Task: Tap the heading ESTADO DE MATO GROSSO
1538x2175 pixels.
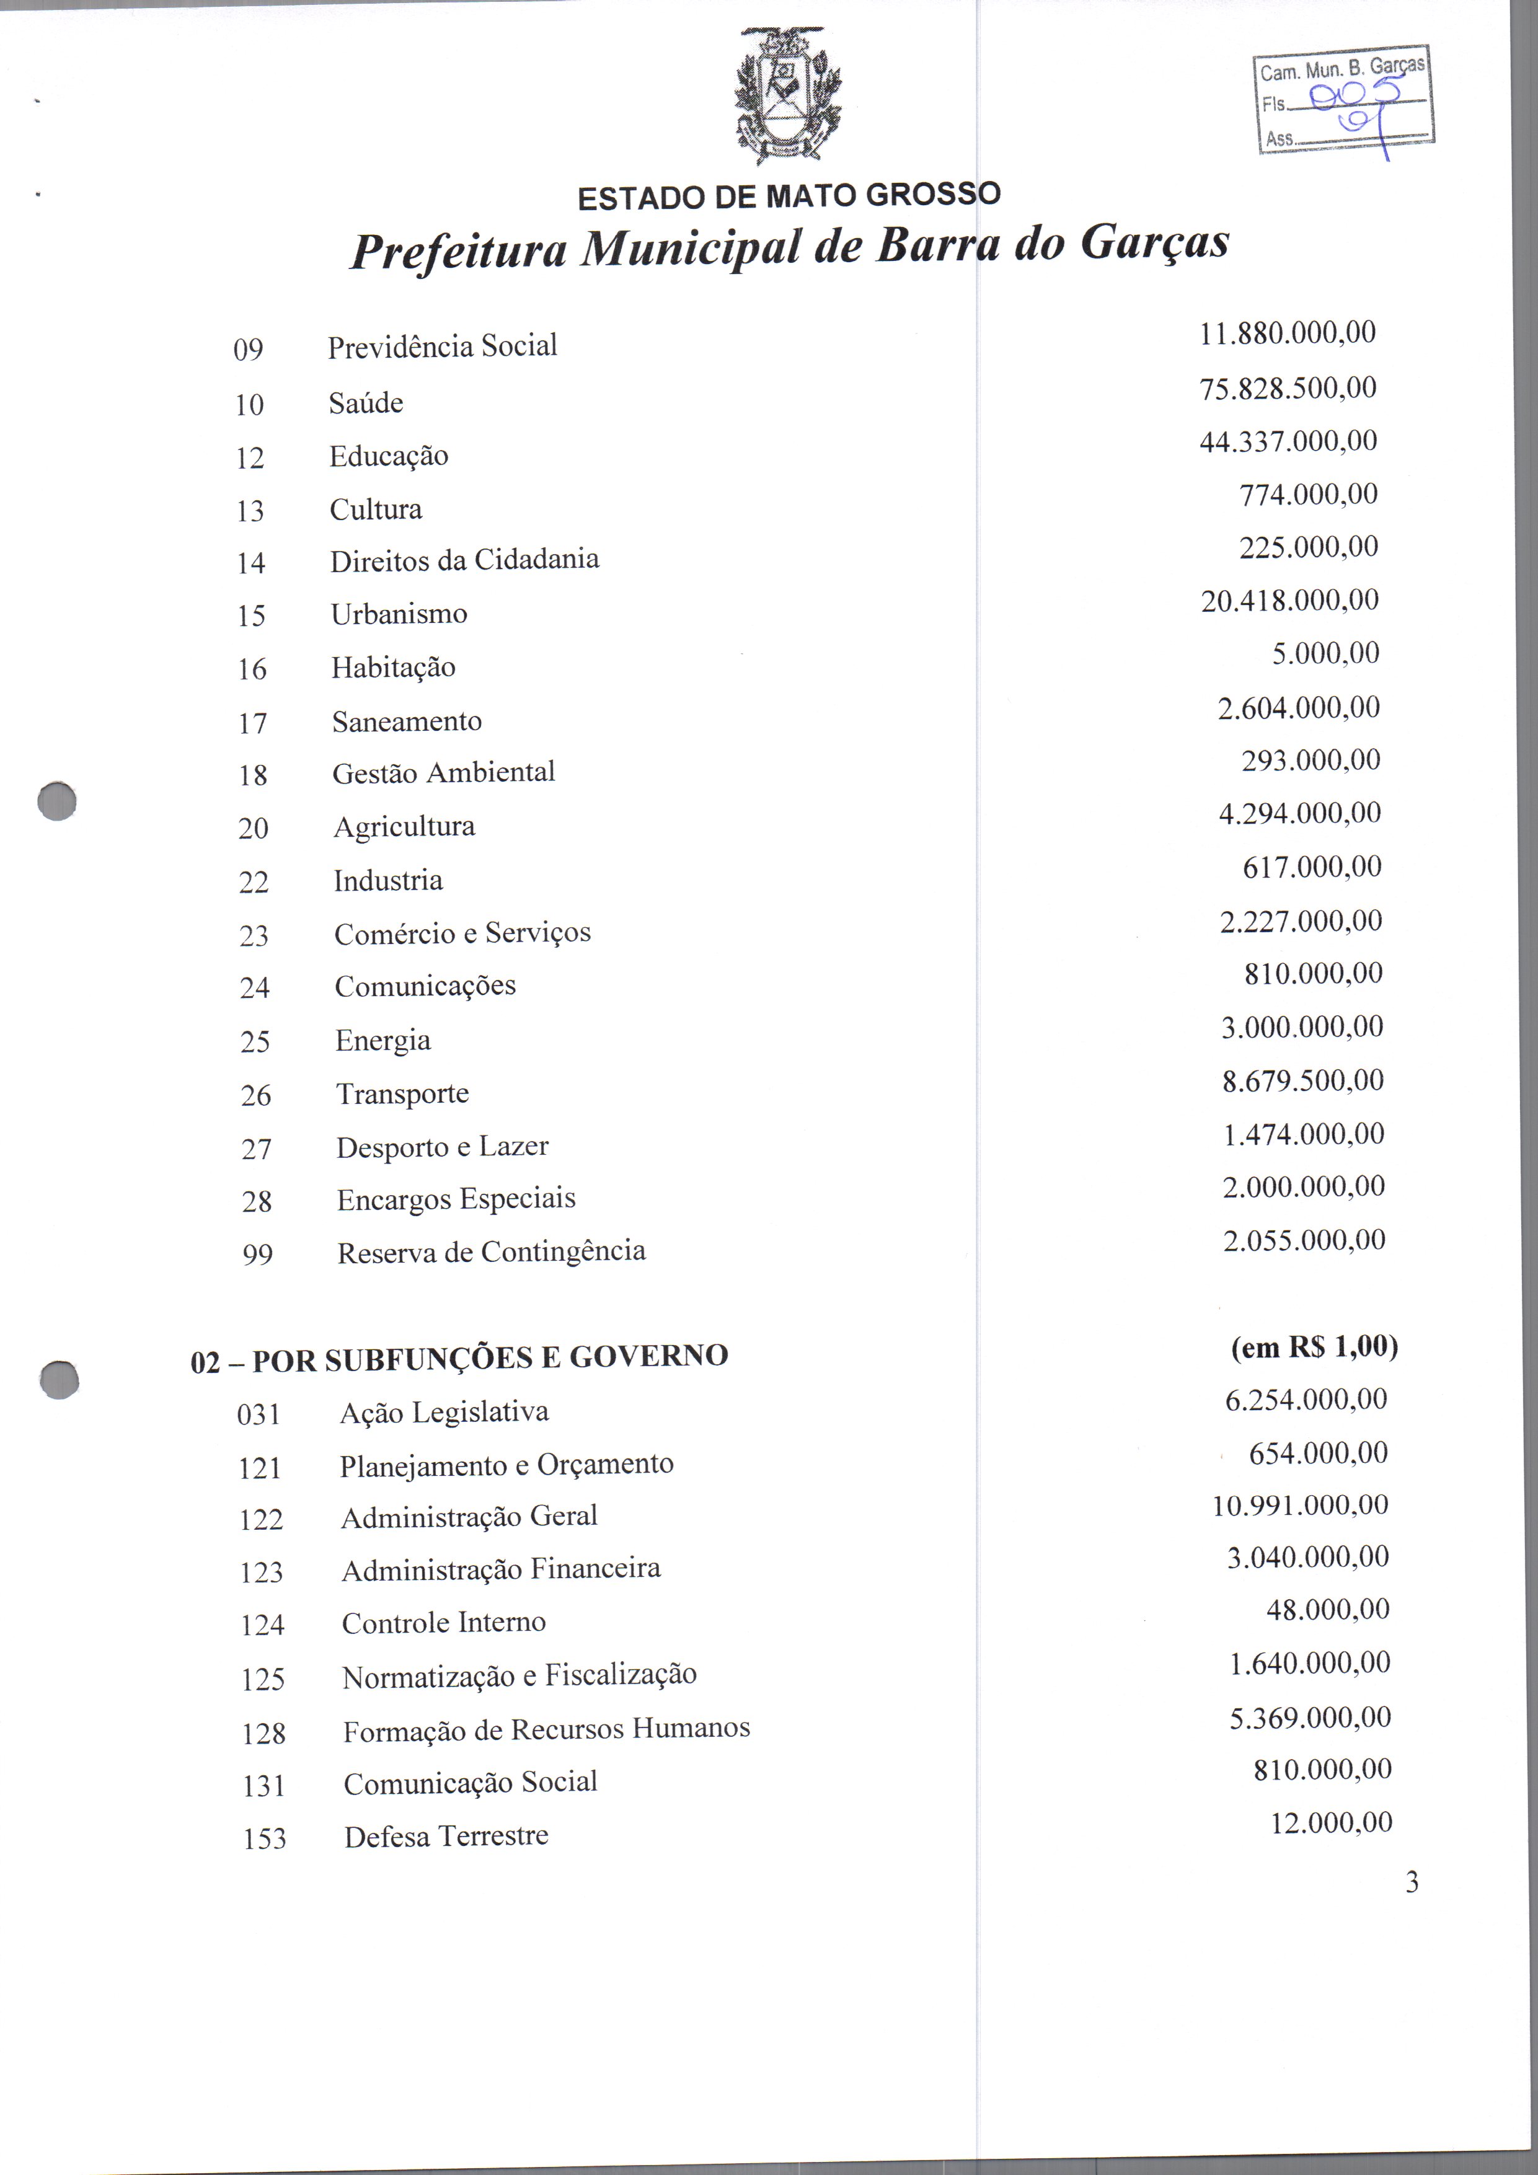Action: pyautogui.click(x=789, y=196)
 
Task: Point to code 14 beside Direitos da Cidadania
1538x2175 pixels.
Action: pyautogui.click(x=251, y=563)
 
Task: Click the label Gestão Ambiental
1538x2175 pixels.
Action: pyautogui.click(x=443, y=773)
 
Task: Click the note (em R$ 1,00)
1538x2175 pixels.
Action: pyautogui.click(x=1314, y=1347)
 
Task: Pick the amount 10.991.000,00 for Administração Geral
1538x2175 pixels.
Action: pyautogui.click(x=1300, y=1505)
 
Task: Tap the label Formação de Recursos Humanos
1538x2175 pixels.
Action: pyautogui.click(x=547, y=1731)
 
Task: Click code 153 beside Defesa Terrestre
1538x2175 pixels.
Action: pyautogui.click(x=264, y=1838)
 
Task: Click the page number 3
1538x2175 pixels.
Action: pyautogui.click(x=1412, y=1882)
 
